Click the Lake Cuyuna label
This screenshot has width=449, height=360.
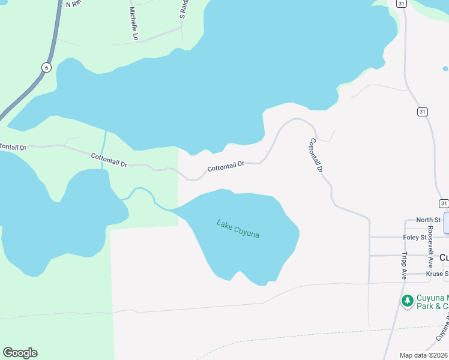click(238, 229)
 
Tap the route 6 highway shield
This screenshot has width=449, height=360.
click(46, 67)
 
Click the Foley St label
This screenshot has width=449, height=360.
click(414, 238)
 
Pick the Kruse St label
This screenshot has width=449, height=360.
click(436, 274)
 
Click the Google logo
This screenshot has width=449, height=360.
click(20, 353)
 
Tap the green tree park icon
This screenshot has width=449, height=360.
click(407, 299)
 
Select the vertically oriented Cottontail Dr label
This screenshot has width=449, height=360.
click(316, 156)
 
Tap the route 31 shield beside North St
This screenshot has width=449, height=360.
click(443, 203)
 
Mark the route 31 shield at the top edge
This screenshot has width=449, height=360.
click(401, 4)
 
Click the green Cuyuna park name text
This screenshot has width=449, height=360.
click(432, 302)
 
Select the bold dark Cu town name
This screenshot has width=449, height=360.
click(444, 257)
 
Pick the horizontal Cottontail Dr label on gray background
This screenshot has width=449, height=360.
click(226, 166)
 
